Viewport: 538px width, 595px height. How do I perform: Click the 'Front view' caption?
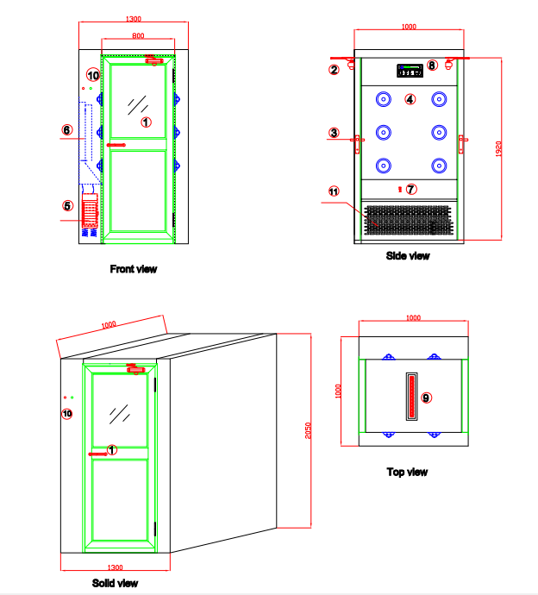(134, 269)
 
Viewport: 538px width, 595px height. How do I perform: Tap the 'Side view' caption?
(408, 255)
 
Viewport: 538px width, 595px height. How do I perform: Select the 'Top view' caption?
(407, 472)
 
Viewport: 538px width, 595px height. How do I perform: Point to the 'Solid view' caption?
(115, 584)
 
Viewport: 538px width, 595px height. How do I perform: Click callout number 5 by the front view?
(67, 205)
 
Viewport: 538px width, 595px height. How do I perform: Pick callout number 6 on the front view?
(67, 130)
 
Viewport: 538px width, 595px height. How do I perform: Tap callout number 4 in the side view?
(410, 99)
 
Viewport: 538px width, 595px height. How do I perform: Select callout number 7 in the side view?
(411, 188)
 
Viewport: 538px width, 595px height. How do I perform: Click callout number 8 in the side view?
(432, 65)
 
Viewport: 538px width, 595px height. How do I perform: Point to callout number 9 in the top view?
(426, 398)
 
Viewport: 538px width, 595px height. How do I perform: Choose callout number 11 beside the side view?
(334, 191)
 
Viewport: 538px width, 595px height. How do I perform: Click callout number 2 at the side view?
(334, 70)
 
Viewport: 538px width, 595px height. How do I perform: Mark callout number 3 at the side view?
(334, 133)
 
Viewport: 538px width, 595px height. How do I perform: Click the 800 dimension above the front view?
(138, 35)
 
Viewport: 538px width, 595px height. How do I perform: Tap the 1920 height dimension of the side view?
(498, 149)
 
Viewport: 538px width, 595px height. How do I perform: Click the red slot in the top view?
(411, 396)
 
